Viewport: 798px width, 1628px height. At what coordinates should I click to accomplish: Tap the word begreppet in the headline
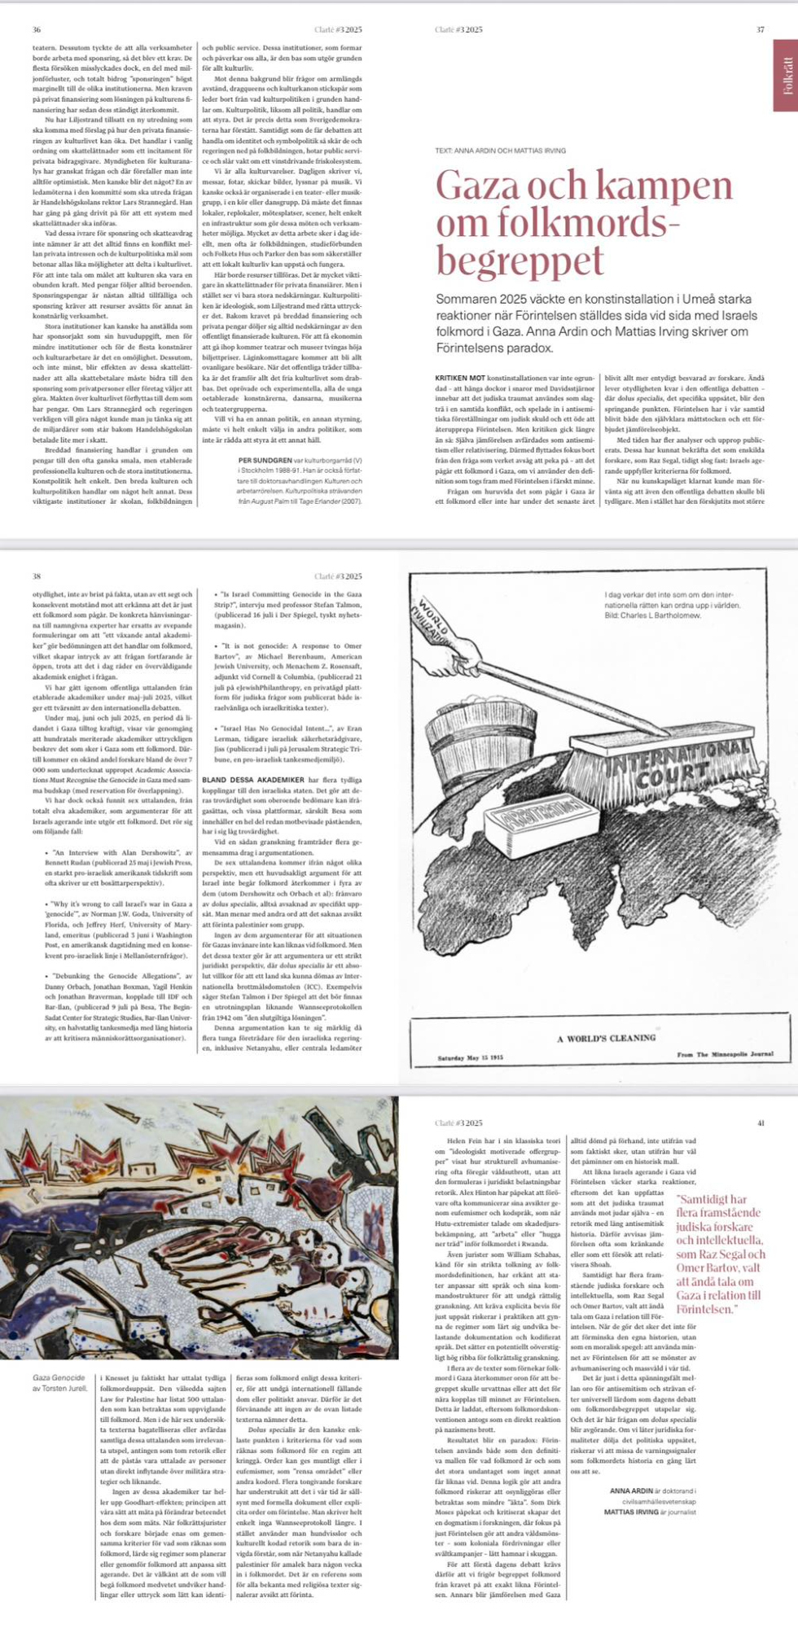click(520, 260)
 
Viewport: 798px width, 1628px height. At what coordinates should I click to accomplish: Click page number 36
click(37, 29)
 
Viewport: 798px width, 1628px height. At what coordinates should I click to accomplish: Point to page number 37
click(760, 29)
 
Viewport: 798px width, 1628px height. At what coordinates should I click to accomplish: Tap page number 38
click(37, 576)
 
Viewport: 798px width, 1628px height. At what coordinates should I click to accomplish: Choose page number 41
click(761, 1123)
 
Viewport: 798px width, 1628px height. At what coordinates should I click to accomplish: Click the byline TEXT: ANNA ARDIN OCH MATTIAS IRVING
click(500, 151)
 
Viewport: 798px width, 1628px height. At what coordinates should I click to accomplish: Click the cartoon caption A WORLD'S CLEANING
click(606, 1038)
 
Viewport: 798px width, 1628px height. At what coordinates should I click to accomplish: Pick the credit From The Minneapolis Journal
click(725, 1055)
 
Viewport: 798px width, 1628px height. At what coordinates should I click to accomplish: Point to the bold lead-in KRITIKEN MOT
click(460, 379)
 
